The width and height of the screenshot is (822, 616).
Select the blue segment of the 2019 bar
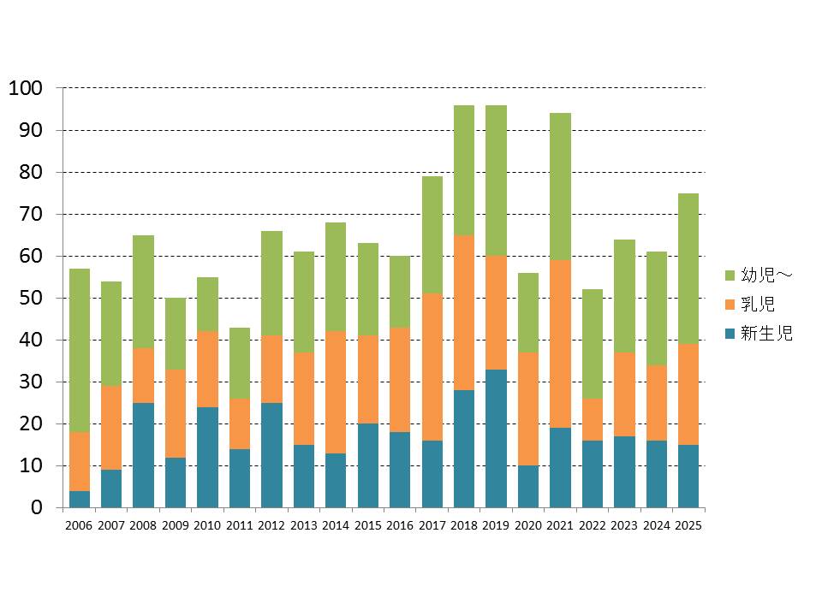point(496,438)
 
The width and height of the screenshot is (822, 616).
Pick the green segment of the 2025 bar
point(688,269)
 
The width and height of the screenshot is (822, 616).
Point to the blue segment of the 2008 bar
point(144,455)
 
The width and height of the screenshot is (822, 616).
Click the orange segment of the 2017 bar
point(432,367)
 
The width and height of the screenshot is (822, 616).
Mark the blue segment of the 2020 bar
point(528,486)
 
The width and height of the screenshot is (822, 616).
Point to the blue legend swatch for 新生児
point(730,334)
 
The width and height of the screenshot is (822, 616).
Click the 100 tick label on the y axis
point(25,88)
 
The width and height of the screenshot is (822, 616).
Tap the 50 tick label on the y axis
point(31,298)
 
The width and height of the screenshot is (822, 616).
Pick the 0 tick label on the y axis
point(36,507)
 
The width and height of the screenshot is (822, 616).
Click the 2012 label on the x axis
point(271,525)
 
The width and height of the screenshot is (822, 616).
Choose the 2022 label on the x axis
point(592,525)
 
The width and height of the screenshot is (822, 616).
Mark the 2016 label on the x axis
point(400,525)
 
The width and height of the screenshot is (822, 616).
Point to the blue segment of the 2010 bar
point(207,457)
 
